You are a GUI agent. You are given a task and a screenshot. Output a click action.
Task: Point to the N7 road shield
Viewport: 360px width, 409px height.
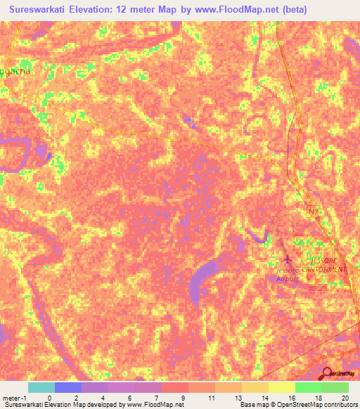tap(314, 210)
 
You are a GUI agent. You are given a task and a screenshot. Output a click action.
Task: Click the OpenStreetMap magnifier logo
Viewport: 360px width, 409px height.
tap(327, 374)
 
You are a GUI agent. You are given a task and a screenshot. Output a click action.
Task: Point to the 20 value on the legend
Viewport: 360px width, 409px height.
tap(345, 398)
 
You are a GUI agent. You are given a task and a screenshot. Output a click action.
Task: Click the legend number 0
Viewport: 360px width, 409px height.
tap(49, 398)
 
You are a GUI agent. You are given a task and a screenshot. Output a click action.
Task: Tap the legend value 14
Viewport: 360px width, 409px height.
tap(264, 398)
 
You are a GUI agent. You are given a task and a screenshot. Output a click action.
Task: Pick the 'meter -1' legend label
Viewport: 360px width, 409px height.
tap(14, 398)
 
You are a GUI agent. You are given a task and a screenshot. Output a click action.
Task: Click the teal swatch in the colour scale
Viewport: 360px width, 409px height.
tap(41, 387)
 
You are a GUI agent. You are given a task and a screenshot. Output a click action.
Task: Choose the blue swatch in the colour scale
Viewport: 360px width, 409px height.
tap(67, 387)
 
